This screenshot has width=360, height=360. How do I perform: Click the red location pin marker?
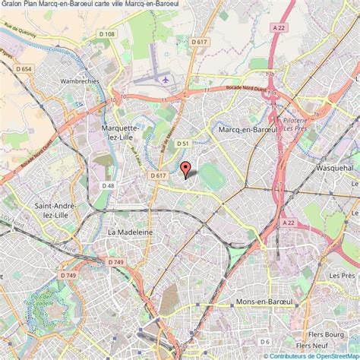click(x=185, y=169)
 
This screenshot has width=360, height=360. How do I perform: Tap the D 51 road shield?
click(x=183, y=143)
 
